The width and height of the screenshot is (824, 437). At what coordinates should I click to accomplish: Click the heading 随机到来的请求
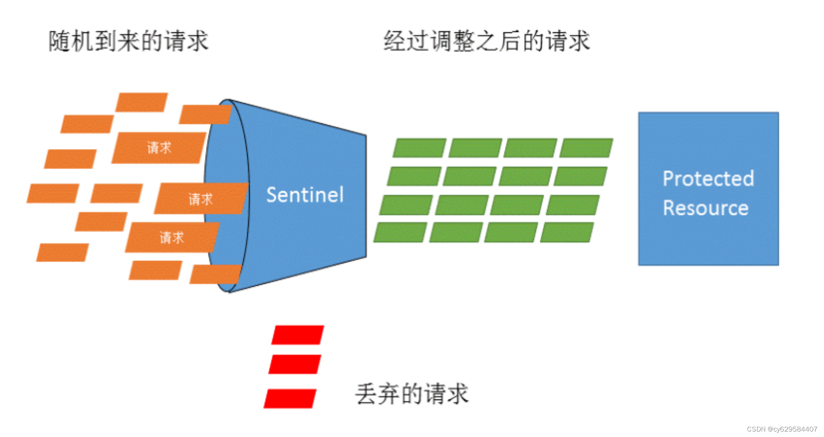pyautogui.click(x=128, y=41)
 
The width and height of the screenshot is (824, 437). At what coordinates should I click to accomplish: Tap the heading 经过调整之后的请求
pyautogui.click(x=486, y=41)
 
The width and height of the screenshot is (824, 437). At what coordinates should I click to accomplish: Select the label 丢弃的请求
pyautogui.click(x=412, y=394)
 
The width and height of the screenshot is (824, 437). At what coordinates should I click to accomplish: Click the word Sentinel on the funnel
pyautogui.click(x=305, y=195)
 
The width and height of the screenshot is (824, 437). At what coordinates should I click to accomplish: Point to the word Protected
pyautogui.click(x=708, y=179)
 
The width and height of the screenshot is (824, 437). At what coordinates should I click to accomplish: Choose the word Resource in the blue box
pyautogui.click(x=706, y=208)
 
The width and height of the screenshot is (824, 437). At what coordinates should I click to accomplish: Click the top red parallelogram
pyautogui.click(x=298, y=335)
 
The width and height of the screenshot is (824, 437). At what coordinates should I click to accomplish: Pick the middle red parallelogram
pyautogui.click(x=295, y=364)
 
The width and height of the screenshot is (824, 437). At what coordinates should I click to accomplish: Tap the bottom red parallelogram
pyautogui.click(x=290, y=398)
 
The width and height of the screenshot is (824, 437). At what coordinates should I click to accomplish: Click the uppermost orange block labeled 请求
pyautogui.click(x=159, y=147)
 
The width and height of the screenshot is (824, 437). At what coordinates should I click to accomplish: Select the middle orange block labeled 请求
pyautogui.click(x=201, y=198)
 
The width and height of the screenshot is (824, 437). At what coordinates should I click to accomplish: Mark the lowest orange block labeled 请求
pyautogui.click(x=172, y=237)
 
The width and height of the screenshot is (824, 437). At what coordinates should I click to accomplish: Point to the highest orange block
pyautogui.click(x=142, y=102)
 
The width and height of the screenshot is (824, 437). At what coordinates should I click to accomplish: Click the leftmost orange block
pyautogui.click(x=53, y=193)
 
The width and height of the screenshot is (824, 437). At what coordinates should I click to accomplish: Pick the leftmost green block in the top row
pyautogui.click(x=419, y=148)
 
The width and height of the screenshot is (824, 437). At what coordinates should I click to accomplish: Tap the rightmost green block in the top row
pyautogui.click(x=586, y=148)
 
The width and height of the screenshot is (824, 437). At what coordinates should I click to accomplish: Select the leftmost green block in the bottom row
pyautogui.click(x=400, y=232)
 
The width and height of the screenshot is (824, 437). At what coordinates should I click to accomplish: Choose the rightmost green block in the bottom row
pyautogui.click(x=567, y=232)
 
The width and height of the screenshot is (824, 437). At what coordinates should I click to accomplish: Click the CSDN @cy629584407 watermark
pyautogui.click(x=782, y=429)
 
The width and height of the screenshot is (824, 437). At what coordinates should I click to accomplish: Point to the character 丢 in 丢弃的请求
pyautogui.click(x=366, y=394)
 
